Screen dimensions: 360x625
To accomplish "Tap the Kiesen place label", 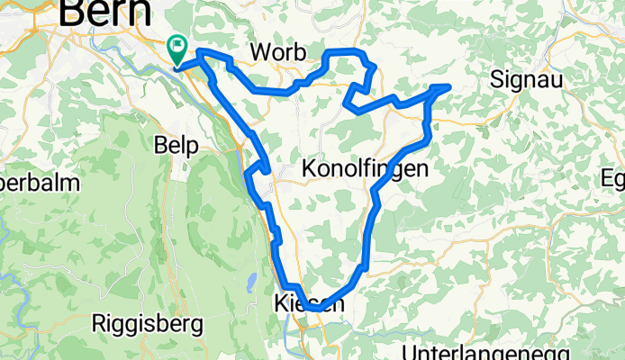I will tap(307, 305).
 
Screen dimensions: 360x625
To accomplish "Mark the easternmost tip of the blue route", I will tap(448, 86).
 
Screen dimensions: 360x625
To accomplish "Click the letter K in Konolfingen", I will tap(309, 168).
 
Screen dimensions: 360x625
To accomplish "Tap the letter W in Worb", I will tap(259, 50).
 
